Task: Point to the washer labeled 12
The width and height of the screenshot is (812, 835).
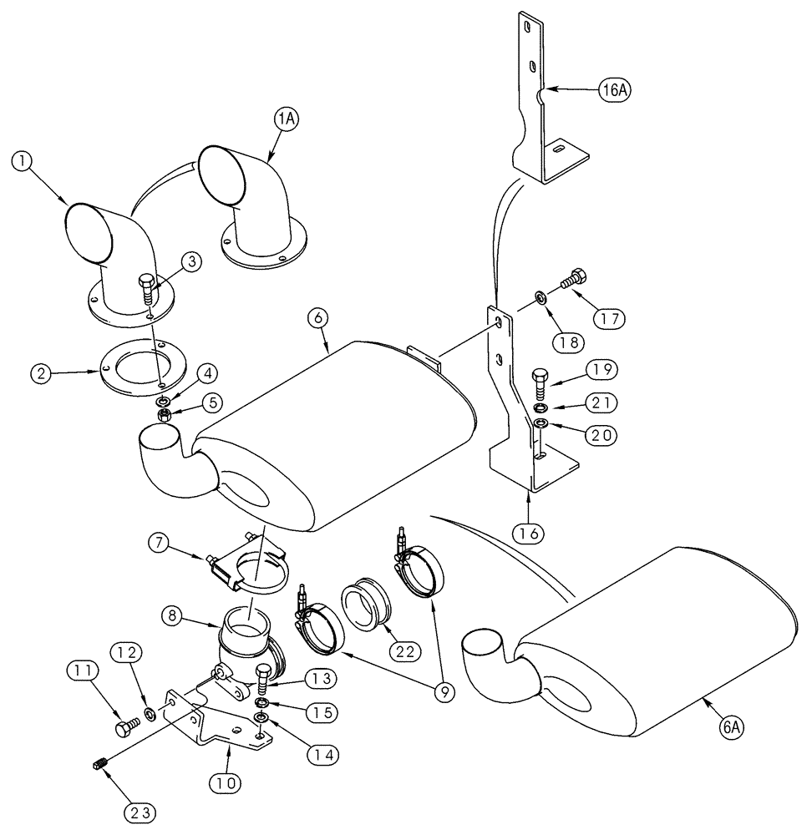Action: [x=149, y=714]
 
